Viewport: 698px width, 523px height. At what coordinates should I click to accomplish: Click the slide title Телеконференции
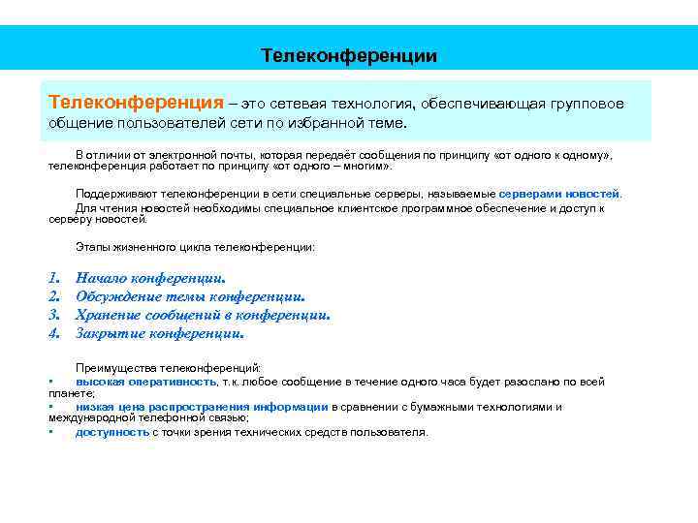(x=349, y=56)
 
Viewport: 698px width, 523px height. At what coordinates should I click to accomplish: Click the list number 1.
(x=54, y=278)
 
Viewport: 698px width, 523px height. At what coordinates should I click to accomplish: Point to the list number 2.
(x=54, y=296)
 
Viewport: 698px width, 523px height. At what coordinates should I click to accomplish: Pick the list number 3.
(x=54, y=315)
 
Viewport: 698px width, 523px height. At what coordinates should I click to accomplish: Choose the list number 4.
(x=54, y=333)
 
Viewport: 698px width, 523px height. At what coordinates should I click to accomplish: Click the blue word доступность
(x=112, y=432)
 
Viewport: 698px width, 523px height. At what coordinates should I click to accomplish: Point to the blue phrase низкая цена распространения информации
(x=202, y=407)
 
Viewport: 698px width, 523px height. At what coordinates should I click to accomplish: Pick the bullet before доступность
(x=50, y=433)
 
